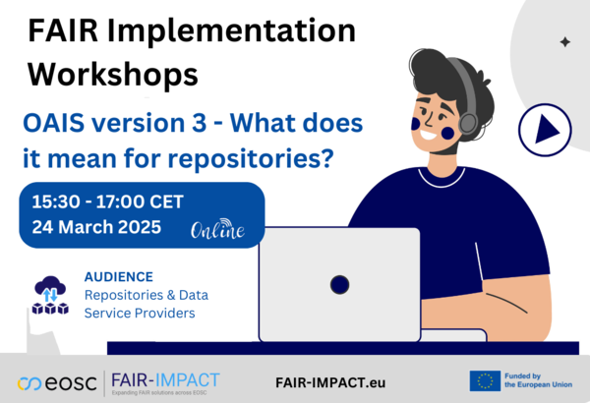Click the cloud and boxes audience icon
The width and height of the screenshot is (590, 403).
(49, 294)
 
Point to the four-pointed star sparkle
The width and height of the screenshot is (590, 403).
(564, 42)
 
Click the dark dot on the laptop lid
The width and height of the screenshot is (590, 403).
(339, 285)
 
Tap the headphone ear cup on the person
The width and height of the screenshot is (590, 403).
(468, 123)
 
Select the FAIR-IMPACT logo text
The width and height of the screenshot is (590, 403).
(164, 378)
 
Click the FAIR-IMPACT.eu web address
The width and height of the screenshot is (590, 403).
(329, 381)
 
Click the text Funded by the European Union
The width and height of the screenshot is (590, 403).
(538, 380)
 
